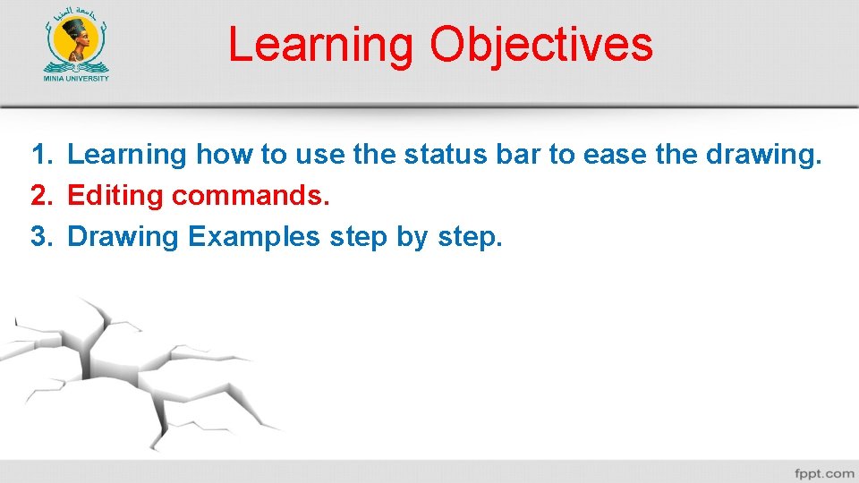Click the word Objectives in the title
[541, 45]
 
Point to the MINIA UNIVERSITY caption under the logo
[77, 78]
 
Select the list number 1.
[42, 155]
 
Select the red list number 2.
[42, 195]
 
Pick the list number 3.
[42, 236]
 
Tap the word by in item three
[412, 238]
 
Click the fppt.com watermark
[823, 472]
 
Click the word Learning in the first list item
[126, 156]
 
